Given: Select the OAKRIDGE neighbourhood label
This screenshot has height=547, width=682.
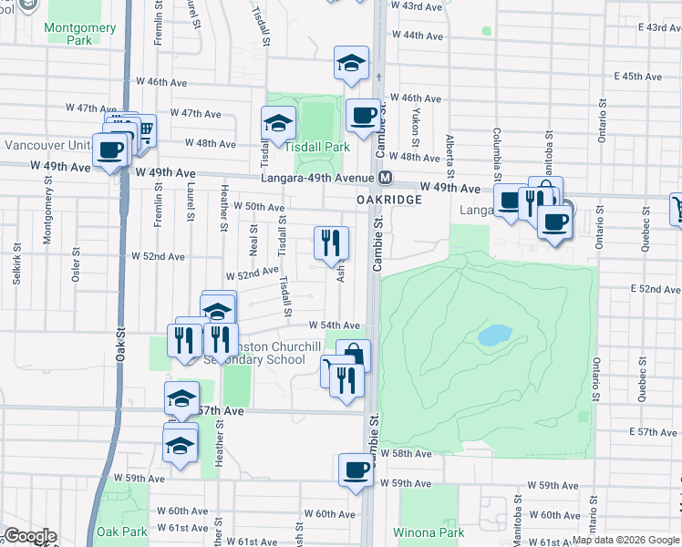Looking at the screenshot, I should tap(390, 199).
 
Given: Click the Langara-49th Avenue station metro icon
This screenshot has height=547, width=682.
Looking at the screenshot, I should tap(386, 177).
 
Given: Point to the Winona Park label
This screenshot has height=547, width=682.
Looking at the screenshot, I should tap(428, 532).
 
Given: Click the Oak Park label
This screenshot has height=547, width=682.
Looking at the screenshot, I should tap(121, 532).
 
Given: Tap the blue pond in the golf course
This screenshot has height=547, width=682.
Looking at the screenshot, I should tap(494, 335).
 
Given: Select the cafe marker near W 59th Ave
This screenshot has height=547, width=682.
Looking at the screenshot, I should tap(356, 471).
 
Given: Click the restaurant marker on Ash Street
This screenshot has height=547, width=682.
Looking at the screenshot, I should tap(331, 242).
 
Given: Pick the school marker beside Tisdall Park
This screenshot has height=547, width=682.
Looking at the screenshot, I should tap(279, 122).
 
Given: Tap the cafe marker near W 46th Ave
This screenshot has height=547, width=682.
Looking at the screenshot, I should tap(363, 115).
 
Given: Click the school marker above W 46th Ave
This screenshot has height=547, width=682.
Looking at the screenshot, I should tap(351, 63).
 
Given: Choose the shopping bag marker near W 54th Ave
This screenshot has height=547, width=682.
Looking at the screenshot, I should tap(353, 355).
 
